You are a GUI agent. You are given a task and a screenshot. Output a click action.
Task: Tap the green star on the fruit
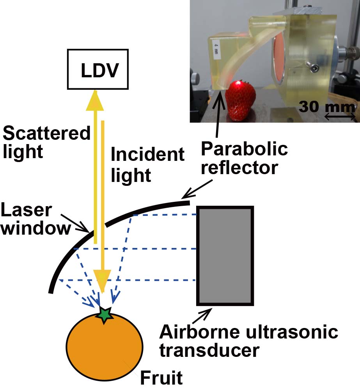pos(104,315)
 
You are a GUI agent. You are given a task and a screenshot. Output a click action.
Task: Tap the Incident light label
pos(147,164)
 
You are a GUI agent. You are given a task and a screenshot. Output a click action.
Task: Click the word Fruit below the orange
pos(161,378)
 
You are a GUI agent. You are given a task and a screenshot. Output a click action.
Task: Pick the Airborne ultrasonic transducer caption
pos(248,341)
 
